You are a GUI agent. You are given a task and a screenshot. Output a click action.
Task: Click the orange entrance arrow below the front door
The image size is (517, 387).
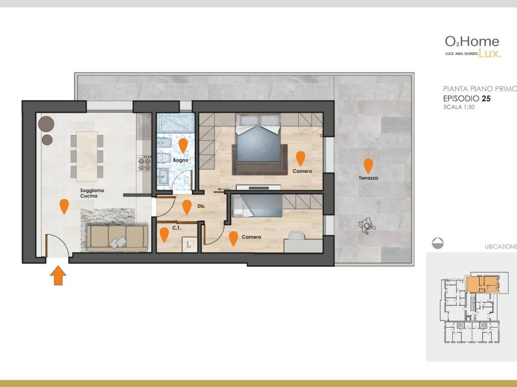(58, 275)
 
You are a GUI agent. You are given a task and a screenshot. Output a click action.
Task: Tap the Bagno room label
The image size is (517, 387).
(181, 160)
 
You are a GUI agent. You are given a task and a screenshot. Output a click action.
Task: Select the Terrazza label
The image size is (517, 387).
(368, 178)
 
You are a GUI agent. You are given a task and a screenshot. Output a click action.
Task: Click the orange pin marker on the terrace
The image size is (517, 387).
(368, 166)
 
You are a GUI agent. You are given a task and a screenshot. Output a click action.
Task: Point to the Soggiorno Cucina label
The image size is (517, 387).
(92, 193)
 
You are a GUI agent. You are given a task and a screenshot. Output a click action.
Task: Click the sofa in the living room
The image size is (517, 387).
(117, 237)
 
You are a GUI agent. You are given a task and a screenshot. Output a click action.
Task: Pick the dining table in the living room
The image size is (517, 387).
(87, 156)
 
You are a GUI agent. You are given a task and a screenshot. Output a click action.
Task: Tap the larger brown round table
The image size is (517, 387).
(46, 124)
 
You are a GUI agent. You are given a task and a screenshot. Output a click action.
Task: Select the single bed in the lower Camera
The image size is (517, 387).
(257, 206)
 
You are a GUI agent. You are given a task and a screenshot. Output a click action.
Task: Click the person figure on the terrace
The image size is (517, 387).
(367, 226)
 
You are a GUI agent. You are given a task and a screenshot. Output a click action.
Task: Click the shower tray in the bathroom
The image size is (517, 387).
(175, 123)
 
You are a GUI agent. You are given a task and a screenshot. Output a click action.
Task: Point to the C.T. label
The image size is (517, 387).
(176, 228)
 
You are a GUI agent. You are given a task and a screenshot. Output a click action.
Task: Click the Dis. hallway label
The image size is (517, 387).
(201, 206)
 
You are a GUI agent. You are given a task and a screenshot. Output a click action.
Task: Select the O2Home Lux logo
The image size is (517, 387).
(473, 47)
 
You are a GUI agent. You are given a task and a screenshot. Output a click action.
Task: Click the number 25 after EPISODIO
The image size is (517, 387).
(486, 98)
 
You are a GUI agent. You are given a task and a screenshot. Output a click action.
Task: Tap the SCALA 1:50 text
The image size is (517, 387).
(459, 107)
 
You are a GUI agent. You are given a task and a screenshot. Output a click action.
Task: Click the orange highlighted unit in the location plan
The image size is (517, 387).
(483, 284)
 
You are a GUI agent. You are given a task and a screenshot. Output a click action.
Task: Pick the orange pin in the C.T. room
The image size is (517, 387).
(164, 235)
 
